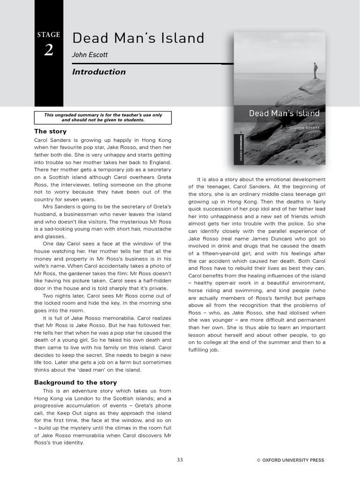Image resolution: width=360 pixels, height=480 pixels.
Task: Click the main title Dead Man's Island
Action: click(138, 38)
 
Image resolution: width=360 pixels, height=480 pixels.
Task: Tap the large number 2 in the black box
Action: click(49, 50)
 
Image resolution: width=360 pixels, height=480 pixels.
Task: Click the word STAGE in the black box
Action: click(49, 35)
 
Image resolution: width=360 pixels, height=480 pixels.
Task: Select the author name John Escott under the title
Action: click(90, 55)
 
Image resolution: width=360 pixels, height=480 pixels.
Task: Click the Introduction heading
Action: click(99, 72)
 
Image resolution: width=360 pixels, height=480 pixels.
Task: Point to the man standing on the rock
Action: click(315, 70)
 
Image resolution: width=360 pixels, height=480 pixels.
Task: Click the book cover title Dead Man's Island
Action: click(284, 113)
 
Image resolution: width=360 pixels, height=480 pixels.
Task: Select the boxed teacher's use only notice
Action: click(103, 117)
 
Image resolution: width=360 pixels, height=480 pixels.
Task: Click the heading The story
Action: click(51, 131)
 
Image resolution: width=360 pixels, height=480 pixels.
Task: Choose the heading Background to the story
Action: click(75, 382)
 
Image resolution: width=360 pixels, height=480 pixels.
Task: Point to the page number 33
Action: click(180, 460)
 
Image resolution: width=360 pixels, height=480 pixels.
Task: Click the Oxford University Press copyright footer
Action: click(290, 460)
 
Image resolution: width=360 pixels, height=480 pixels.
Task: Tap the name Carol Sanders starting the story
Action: click(52, 140)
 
